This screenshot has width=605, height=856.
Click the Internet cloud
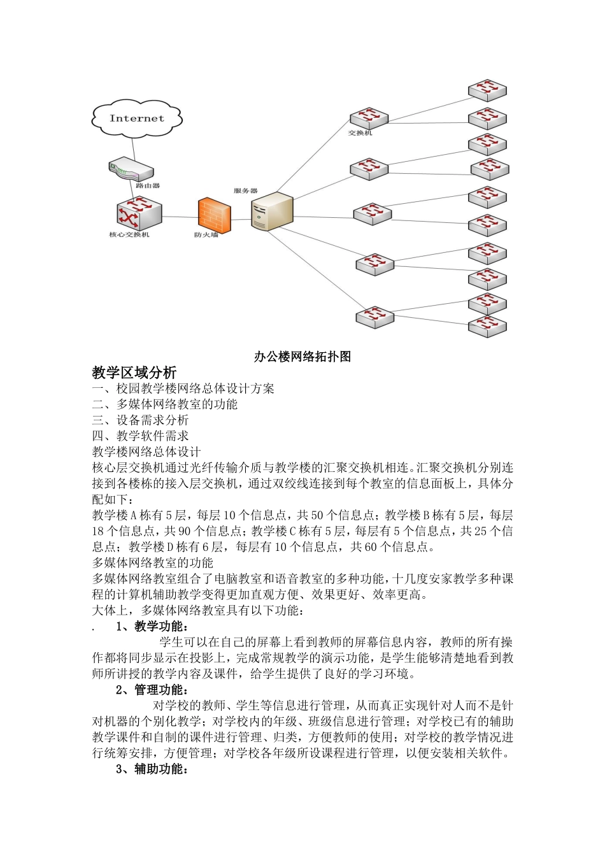click(x=137, y=118)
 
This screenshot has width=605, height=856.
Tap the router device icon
click(x=131, y=169)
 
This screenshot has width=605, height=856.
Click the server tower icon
click(x=271, y=211)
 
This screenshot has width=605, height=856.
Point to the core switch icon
click(x=139, y=215)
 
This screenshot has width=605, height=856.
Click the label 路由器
click(x=148, y=186)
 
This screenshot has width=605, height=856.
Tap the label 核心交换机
click(x=129, y=235)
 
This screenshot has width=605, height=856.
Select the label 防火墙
click(x=206, y=235)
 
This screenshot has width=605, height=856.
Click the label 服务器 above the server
click(x=245, y=190)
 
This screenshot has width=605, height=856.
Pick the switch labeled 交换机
click(x=369, y=118)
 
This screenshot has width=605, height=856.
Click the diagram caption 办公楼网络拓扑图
click(x=302, y=357)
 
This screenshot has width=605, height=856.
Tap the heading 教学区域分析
click(x=134, y=373)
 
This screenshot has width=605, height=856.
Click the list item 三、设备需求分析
click(x=141, y=420)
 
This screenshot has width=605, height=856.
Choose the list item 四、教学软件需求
click(x=141, y=436)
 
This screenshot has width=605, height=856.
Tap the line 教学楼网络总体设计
click(x=146, y=452)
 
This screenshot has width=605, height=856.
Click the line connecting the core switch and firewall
click(x=180, y=217)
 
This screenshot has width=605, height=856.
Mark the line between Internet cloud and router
click(x=132, y=147)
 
